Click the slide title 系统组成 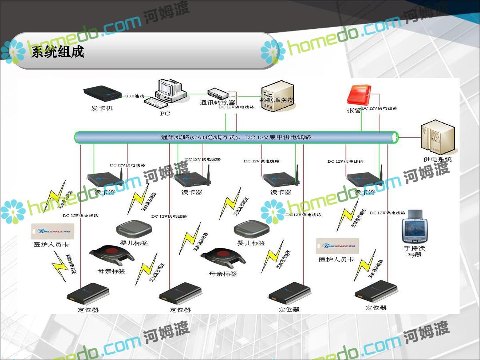click(x=58, y=52)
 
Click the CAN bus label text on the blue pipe click(x=236, y=137)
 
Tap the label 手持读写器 click(x=414, y=251)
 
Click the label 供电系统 click(x=438, y=159)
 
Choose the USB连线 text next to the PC click(x=134, y=96)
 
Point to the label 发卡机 click(x=102, y=108)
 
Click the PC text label click(x=165, y=113)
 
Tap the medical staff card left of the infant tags click(x=52, y=231)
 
